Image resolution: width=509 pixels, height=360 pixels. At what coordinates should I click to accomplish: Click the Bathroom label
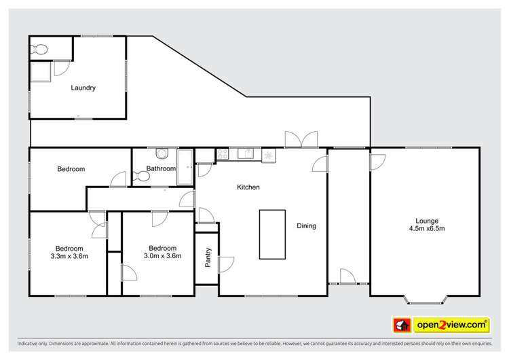(x=161, y=168)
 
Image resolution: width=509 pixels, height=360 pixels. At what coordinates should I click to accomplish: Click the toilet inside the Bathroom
(x=142, y=177)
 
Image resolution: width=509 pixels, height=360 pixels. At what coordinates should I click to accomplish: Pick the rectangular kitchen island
(x=273, y=234)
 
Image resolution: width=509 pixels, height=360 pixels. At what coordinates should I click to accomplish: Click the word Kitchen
(x=248, y=187)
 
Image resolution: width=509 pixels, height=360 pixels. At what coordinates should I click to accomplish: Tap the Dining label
(x=307, y=226)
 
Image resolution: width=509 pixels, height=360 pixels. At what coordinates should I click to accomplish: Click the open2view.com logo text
(x=451, y=325)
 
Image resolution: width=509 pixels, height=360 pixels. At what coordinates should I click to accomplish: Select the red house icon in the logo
(x=401, y=325)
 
